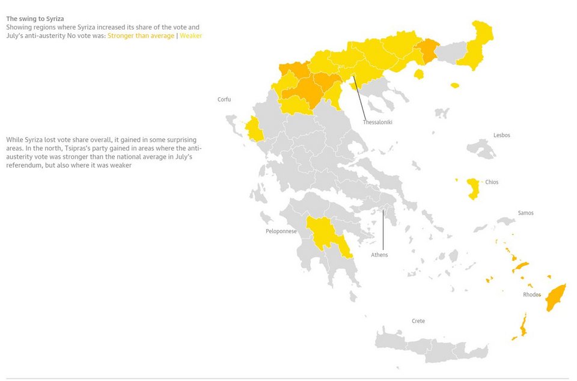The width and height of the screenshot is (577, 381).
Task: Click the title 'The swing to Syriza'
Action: (35, 19)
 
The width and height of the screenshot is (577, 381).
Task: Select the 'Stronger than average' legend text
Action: (141, 36)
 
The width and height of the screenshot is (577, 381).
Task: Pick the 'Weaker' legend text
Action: (191, 36)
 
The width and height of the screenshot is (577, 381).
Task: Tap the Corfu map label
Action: (224, 100)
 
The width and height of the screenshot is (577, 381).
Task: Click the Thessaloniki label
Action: (377, 123)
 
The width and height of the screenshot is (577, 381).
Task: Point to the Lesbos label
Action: (501, 136)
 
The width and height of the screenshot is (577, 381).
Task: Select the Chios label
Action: (492, 182)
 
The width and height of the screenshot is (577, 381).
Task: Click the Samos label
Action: (525, 213)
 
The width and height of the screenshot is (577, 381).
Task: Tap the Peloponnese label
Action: (281, 231)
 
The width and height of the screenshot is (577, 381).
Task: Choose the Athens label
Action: (379, 255)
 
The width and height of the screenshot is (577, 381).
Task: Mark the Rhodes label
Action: (532, 294)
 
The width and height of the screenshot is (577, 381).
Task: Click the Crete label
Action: (418, 321)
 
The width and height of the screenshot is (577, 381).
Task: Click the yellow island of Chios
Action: (474, 188)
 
